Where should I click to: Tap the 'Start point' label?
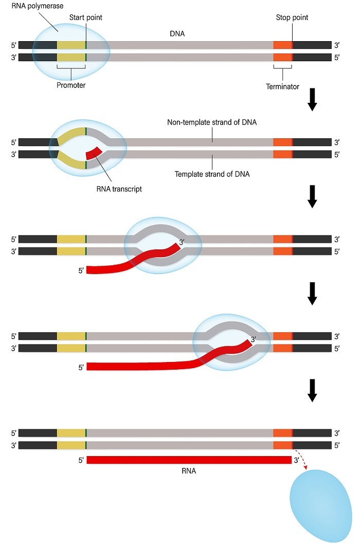click(x=86, y=17)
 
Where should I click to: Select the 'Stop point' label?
click(x=292, y=17)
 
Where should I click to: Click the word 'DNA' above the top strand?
click(x=177, y=33)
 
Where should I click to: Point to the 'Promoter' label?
click(x=71, y=85)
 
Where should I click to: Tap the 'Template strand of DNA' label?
click(x=211, y=174)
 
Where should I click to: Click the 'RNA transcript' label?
click(x=120, y=189)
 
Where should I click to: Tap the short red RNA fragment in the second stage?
click(x=95, y=153)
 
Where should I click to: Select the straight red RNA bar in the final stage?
click(x=189, y=459)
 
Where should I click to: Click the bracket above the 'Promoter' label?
click(x=71, y=69)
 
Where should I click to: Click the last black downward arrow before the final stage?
click(x=312, y=392)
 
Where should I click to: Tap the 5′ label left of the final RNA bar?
click(x=81, y=460)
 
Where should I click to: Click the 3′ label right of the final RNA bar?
click(x=297, y=460)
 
